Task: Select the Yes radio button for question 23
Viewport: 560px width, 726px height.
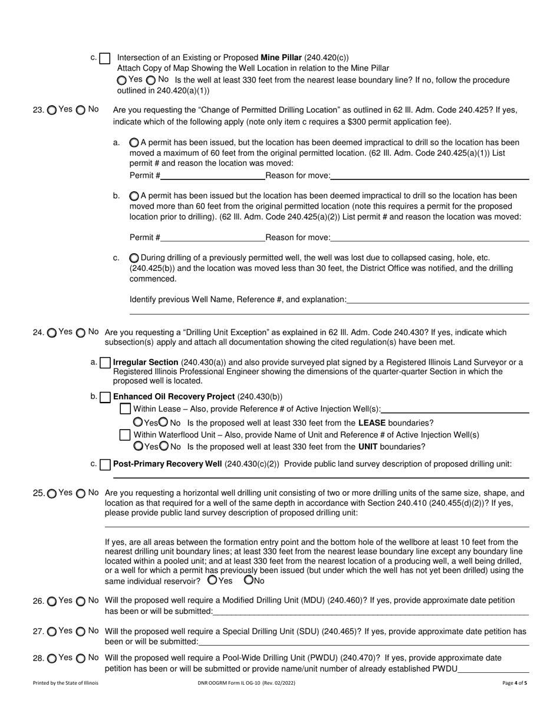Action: tap(52, 110)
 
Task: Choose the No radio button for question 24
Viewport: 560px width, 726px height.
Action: tap(81, 333)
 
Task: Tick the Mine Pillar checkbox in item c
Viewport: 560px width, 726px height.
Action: tap(105, 58)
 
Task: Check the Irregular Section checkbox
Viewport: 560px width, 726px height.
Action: tap(106, 362)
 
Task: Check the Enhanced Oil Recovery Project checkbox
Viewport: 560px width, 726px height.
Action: tap(106, 397)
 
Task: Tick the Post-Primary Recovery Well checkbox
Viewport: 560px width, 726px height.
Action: tap(106, 465)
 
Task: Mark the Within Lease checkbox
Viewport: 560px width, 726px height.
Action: tap(125, 409)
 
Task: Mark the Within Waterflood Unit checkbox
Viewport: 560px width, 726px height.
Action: tap(125, 435)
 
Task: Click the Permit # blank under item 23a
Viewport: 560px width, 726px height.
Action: tap(212, 175)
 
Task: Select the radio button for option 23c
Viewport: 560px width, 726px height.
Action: tap(134, 258)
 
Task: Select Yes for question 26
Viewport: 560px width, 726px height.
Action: tap(52, 601)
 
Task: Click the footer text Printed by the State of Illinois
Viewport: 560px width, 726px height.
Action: tap(66, 683)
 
